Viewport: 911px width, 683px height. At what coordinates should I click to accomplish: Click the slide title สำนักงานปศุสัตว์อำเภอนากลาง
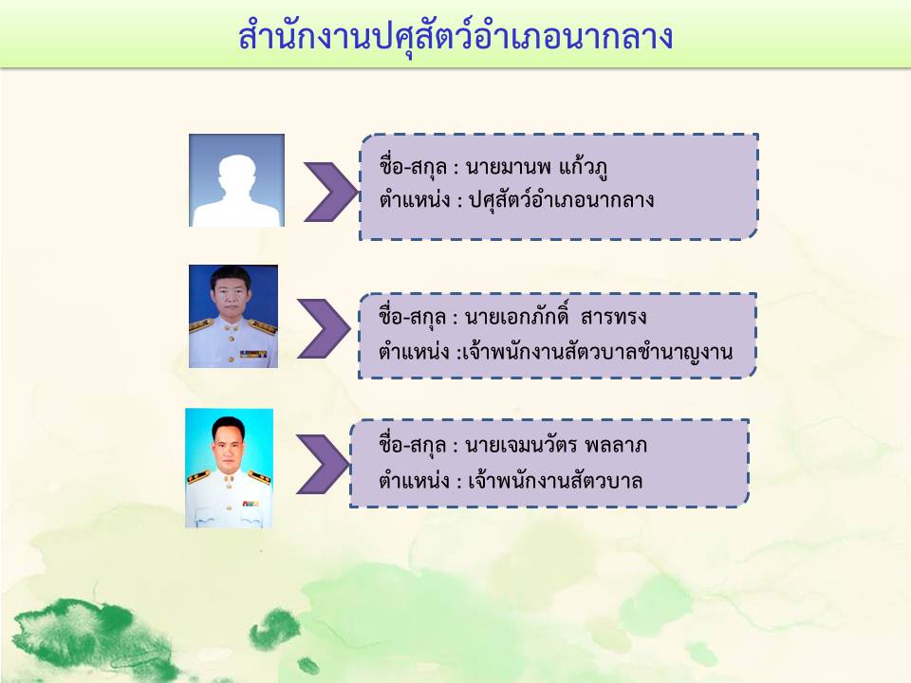455,37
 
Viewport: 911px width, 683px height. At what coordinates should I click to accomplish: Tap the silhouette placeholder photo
236,180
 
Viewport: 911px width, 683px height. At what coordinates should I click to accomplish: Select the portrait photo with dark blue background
233,317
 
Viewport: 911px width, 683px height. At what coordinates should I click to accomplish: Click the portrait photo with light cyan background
229,468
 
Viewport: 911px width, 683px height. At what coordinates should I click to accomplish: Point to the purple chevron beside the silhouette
331,192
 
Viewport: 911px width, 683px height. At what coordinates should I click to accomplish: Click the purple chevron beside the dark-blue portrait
324,329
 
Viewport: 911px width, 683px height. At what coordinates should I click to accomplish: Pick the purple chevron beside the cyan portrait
323,464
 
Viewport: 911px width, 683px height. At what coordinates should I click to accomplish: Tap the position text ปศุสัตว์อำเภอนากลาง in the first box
561,200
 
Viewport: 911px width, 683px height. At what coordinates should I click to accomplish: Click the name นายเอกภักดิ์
517,317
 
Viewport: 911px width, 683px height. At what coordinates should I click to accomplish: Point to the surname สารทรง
614,317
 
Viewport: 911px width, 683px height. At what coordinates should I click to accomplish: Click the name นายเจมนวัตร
521,446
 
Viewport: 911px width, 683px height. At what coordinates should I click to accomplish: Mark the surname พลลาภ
616,446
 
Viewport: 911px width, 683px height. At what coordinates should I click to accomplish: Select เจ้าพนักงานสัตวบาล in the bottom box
555,481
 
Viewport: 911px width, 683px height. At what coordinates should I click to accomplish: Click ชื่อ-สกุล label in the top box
413,167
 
